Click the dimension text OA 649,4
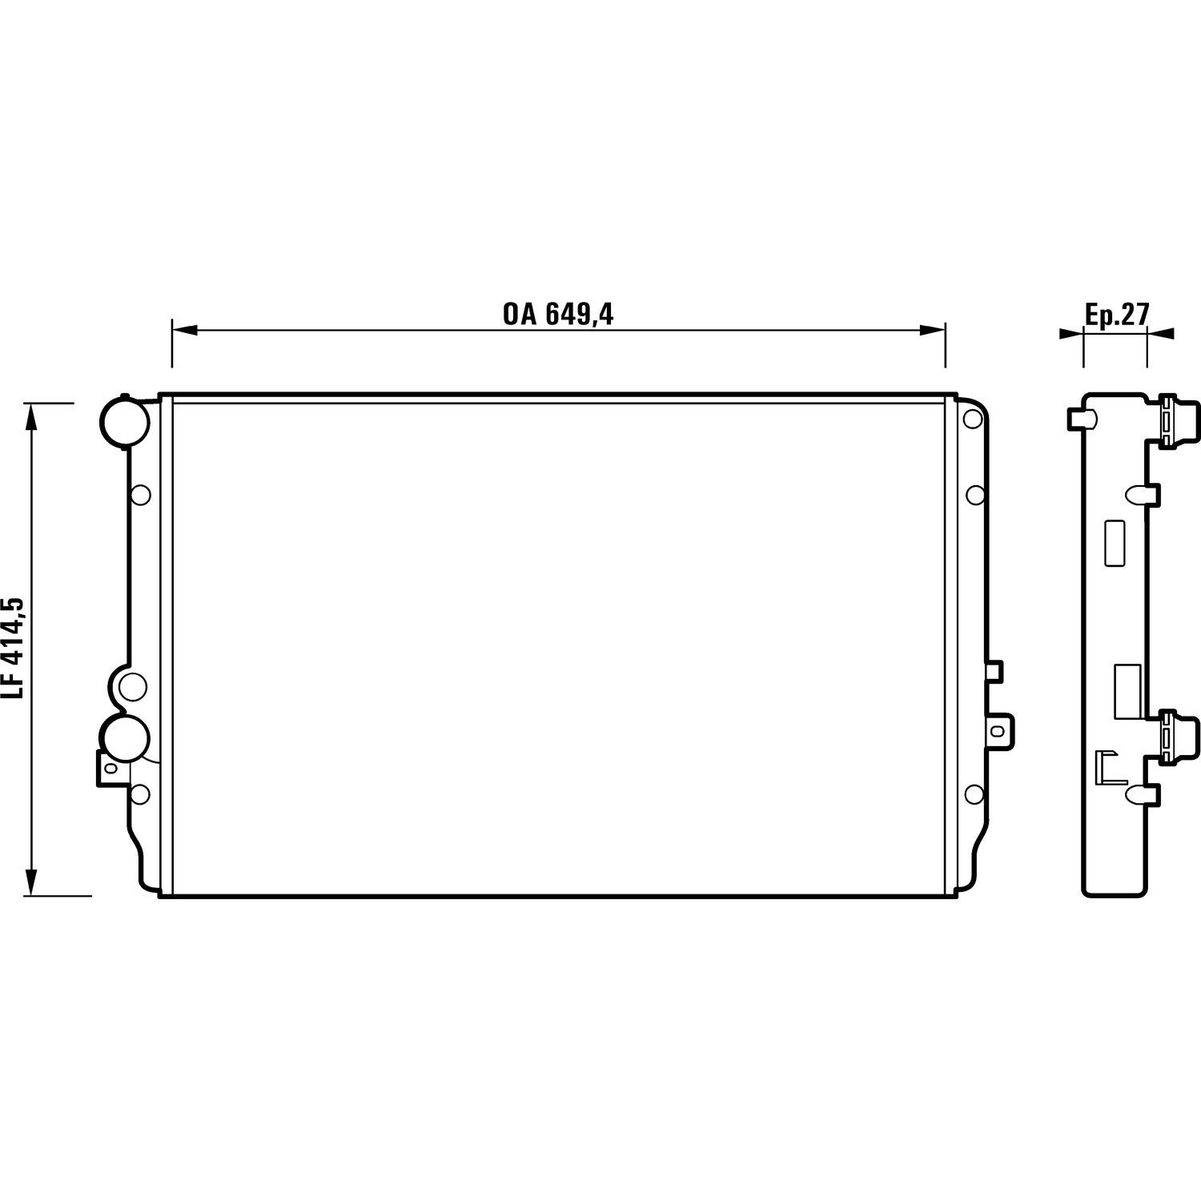click(558, 314)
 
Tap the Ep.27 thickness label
click(1117, 315)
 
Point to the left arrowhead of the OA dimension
click(185, 330)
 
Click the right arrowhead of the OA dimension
click(933, 330)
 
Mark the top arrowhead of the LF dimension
click(32, 416)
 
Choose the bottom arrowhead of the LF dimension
click(32, 882)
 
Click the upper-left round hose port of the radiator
click(123, 421)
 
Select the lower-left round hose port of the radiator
click(123, 739)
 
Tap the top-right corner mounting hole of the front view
click(973, 419)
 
